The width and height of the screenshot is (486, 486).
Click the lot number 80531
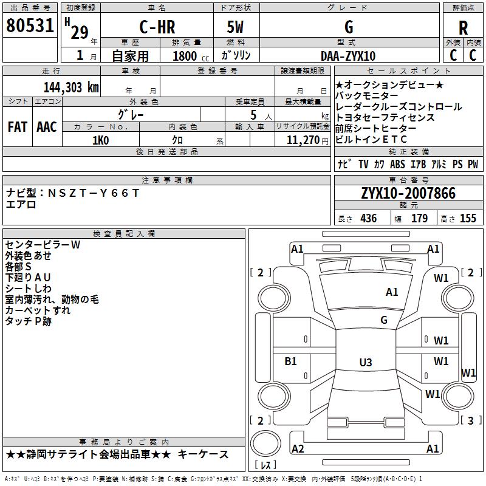coord(30,27)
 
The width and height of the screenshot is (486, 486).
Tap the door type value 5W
coord(236,27)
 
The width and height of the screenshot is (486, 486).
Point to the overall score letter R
coord(464,28)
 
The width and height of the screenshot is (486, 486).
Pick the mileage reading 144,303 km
coord(71,87)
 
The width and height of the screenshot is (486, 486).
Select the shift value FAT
coord(18,127)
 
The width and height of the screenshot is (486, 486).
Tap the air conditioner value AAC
coord(47,127)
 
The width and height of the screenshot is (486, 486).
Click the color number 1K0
coord(100,140)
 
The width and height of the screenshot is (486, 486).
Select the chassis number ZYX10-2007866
coord(408,193)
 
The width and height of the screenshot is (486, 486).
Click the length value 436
coord(368,219)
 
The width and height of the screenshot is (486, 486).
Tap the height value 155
coord(468,219)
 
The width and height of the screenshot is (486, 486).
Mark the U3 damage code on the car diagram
coord(365,363)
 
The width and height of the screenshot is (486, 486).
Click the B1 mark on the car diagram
coord(291,361)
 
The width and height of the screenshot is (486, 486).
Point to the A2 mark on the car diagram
coord(298,449)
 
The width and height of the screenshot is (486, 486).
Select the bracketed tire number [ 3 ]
coord(470,420)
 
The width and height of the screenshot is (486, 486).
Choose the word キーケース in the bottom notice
coord(205,454)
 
